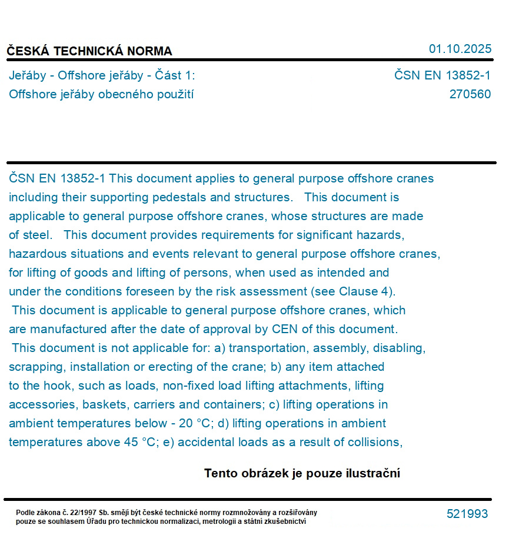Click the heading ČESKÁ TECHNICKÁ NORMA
coord(89,51)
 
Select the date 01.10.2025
coord(460,49)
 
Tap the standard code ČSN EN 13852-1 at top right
coord(442,75)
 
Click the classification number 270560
coord(470,94)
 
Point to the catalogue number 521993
coord(467,514)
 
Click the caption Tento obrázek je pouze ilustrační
coord(302,473)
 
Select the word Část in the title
coord(175,75)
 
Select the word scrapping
coord(36,367)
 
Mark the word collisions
coord(375,442)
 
